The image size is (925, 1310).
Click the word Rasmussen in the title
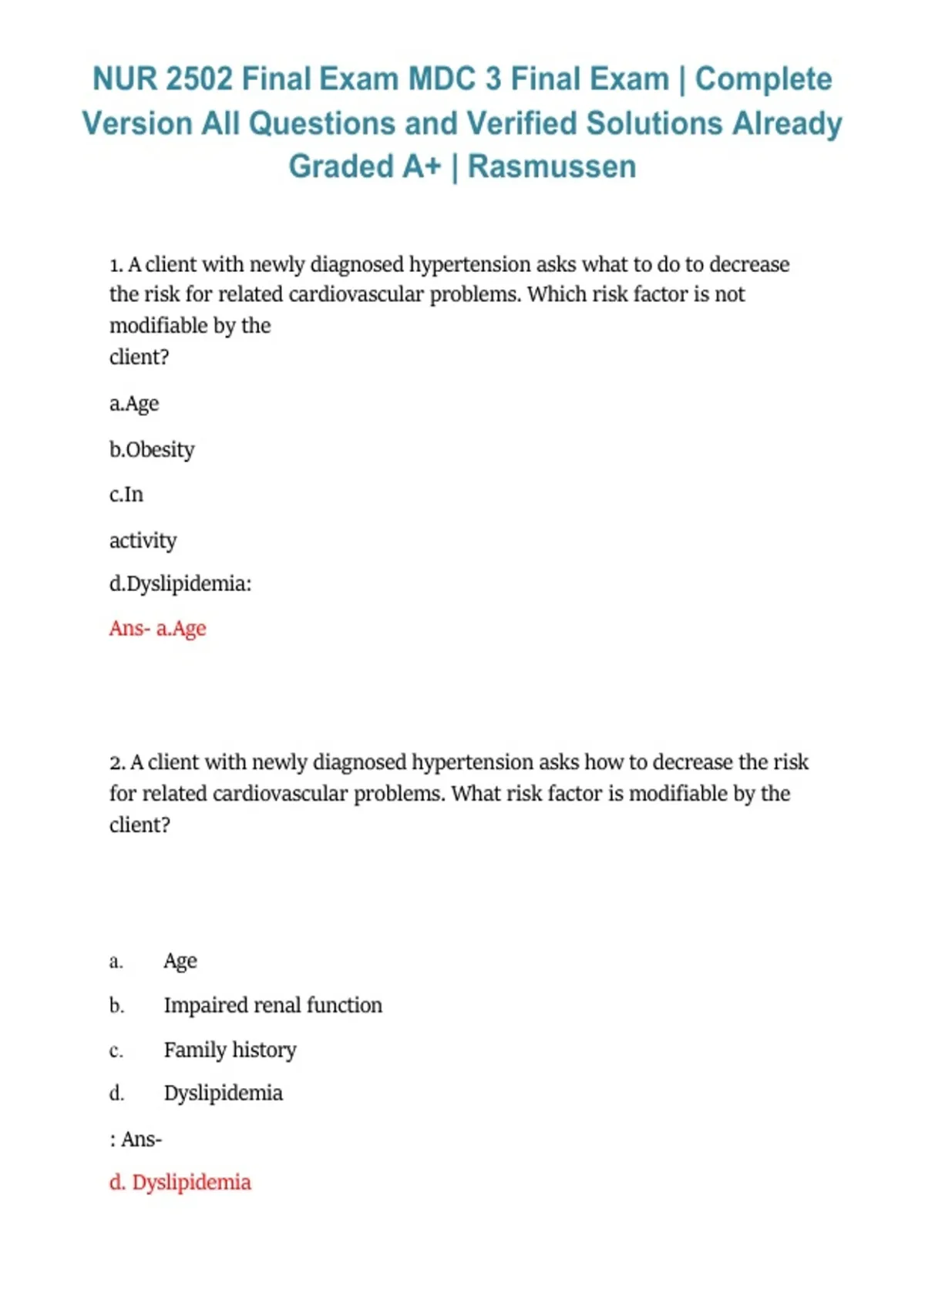click(552, 166)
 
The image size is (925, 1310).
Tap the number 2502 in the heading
click(199, 79)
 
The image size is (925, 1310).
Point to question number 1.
click(116, 265)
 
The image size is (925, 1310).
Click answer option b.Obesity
click(152, 449)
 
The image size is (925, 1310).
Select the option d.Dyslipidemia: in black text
click(180, 584)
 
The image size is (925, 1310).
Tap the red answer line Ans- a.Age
click(158, 629)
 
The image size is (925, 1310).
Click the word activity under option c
click(143, 540)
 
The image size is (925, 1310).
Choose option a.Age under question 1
click(134, 404)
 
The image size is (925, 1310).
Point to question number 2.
click(117, 763)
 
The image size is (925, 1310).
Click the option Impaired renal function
click(273, 1006)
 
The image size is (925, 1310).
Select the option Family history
click(230, 1050)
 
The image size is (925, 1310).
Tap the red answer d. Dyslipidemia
click(180, 1183)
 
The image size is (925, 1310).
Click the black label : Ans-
click(136, 1140)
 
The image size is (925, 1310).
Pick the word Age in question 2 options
click(180, 962)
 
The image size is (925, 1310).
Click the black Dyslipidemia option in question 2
click(224, 1093)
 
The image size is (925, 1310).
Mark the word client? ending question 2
click(140, 825)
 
